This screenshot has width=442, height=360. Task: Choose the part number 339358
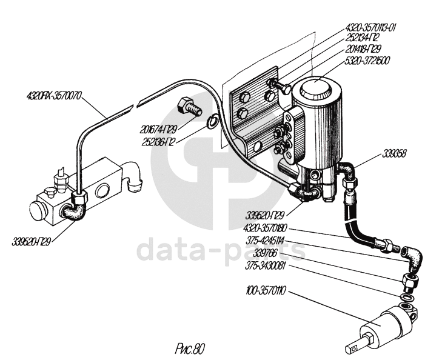pyautogui.click(x=395, y=153)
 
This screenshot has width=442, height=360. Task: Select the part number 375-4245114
pyautogui.click(x=264, y=239)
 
